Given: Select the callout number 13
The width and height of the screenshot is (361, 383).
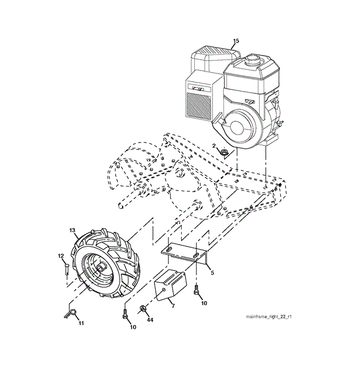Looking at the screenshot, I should tap(73, 230).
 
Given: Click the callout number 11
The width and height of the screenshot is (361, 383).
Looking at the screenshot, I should tap(81, 323).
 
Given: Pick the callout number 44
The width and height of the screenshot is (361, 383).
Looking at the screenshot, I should tap(150, 320).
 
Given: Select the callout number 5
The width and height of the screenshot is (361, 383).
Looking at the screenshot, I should tap(211, 273).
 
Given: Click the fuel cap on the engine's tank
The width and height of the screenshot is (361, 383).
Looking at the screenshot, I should tap(253, 59).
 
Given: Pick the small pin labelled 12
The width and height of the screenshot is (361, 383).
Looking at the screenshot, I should tap(66, 268).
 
